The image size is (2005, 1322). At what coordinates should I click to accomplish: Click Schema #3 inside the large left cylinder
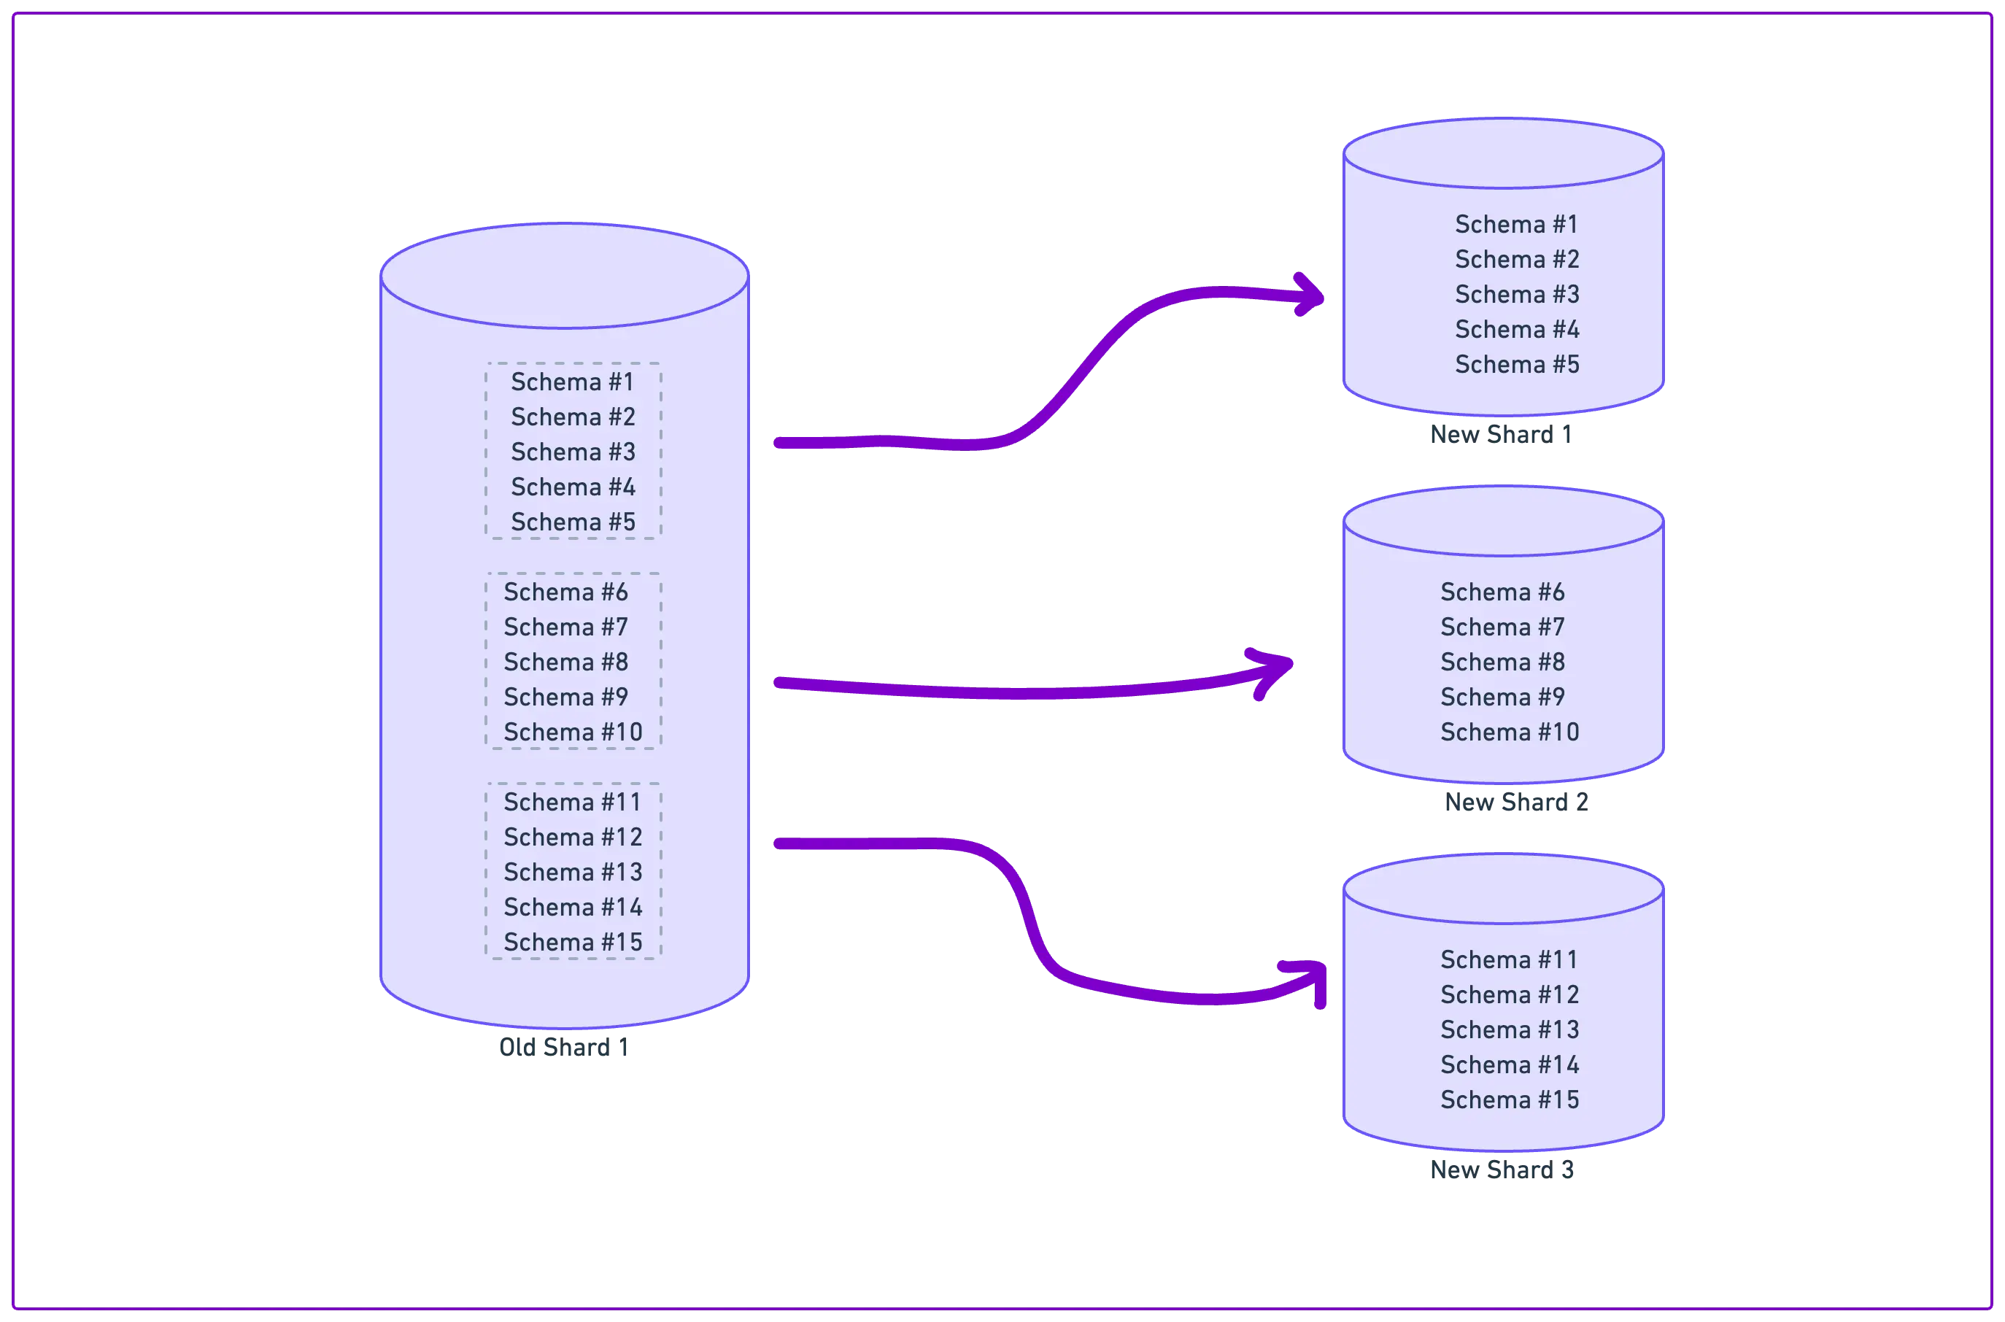573,452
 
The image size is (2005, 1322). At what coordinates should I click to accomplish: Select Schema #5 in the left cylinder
573,522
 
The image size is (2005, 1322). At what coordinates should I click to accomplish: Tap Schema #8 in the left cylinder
565,662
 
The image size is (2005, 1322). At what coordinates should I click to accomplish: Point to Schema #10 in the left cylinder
573,732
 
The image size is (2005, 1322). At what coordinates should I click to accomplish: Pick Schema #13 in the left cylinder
573,872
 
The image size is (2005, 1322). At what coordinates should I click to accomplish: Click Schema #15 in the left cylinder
573,942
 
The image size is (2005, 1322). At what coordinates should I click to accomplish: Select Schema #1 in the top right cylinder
1516,224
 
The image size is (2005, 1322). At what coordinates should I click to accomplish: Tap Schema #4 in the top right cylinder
1516,330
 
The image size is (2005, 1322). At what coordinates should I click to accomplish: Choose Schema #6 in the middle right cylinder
1502,592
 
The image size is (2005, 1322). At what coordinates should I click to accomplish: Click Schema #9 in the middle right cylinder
1502,697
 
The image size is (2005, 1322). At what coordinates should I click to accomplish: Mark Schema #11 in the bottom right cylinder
1508,959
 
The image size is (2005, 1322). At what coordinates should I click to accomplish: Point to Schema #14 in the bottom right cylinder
1508,1065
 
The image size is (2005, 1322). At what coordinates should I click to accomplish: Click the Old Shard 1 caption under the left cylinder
563,1047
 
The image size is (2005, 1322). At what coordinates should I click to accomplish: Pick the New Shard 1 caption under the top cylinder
1501,433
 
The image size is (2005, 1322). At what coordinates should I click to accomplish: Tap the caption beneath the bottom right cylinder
1502,1170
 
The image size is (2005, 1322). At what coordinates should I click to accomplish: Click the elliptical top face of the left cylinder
564,276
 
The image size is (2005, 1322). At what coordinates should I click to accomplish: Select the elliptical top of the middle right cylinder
1502,522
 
